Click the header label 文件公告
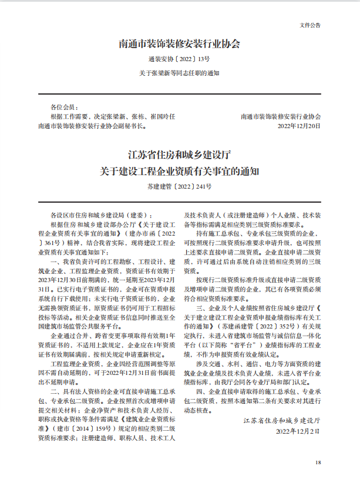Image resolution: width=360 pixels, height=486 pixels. [310, 26]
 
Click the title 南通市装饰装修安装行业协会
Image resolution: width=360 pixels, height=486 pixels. [180, 44]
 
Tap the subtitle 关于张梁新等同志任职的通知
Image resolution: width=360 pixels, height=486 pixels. [180, 73]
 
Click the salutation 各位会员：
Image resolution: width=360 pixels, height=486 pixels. [64, 108]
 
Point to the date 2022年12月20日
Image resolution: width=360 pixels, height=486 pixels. [299, 126]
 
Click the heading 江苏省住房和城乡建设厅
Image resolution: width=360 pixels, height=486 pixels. [180, 156]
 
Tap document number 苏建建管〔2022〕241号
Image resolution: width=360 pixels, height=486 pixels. [180, 186]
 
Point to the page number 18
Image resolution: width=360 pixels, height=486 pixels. [318, 462]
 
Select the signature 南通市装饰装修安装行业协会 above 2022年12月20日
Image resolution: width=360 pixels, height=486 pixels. [281, 117]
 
